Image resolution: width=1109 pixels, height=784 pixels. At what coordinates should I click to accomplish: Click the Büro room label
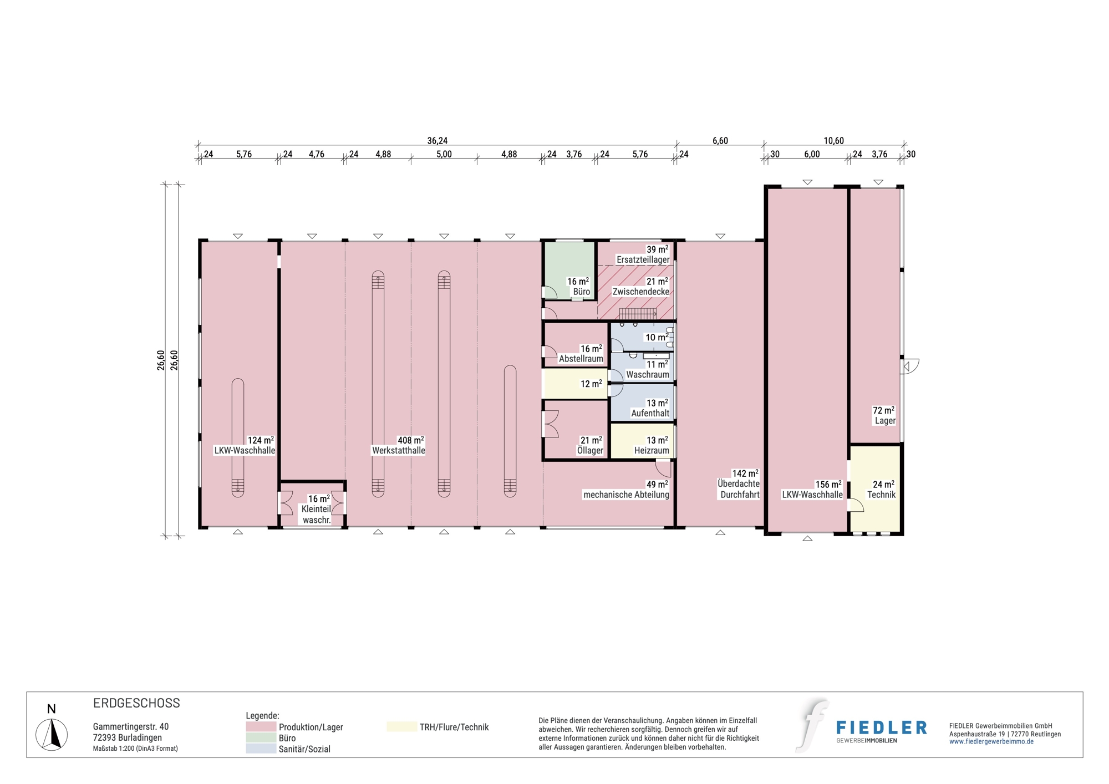[x=581, y=292]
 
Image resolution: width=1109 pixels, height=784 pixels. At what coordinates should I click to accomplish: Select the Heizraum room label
[x=652, y=451]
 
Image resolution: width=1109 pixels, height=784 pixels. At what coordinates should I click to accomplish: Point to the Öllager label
[x=590, y=451]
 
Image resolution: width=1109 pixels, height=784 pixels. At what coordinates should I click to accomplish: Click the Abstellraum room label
[x=581, y=359]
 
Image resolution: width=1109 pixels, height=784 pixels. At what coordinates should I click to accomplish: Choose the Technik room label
[x=881, y=495]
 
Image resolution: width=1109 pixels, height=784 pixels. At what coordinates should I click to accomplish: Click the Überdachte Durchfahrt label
[x=739, y=489]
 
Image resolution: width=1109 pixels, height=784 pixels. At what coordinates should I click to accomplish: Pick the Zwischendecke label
[x=641, y=292]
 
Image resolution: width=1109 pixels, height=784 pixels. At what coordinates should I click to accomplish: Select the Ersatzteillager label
[x=643, y=259]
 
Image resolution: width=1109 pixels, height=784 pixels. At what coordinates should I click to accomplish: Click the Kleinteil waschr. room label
[x=317, y=515]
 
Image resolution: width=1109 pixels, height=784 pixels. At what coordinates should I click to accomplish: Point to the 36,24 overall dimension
[x=437, y=141]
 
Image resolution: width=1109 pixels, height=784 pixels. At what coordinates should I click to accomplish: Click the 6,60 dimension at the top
[x=720, y=141]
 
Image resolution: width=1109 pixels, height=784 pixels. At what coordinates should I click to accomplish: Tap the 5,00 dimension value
[x=444, y=154]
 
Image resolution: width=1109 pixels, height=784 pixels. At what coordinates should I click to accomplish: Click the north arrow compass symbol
[x=52, y=734]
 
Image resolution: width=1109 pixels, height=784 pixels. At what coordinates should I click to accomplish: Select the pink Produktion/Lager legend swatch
[x=261, y=726]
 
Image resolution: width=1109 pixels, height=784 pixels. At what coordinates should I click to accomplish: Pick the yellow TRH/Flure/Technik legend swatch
[x=401, y=726]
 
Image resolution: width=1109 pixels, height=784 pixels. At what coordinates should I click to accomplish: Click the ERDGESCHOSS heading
[x=136, y=703]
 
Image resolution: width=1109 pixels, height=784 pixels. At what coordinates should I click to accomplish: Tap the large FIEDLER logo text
[x=881, y=727]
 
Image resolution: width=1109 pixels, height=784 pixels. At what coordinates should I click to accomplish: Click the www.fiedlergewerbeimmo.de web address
[x=991, y=742]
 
